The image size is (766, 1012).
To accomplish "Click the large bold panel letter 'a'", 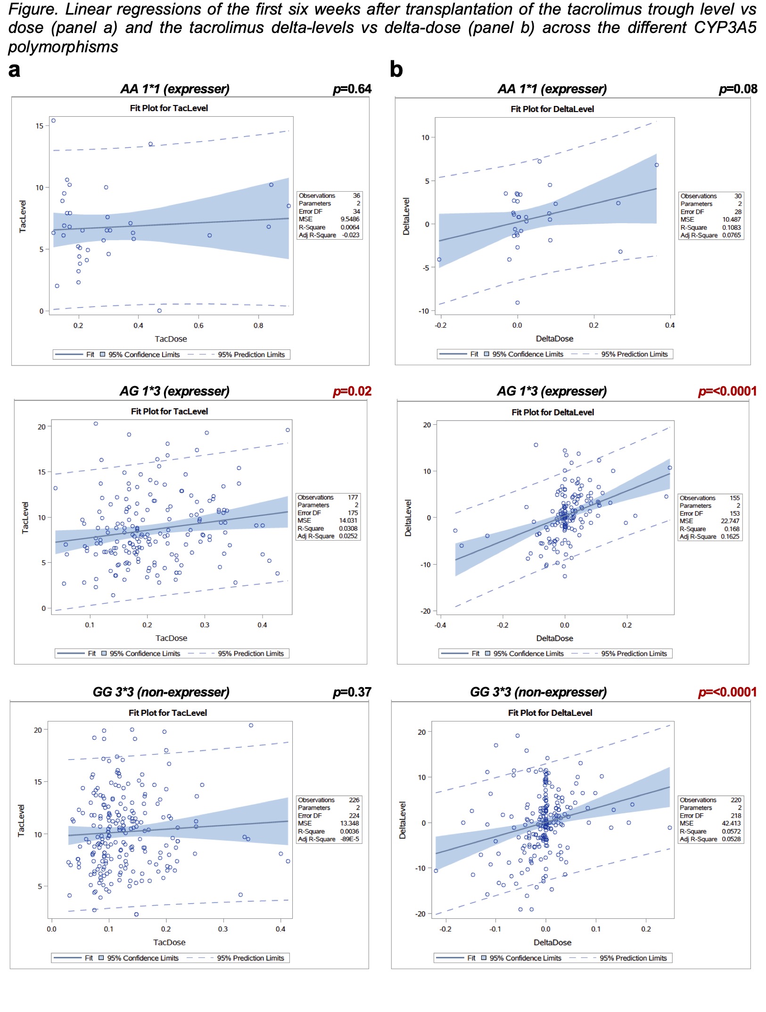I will point(15,71).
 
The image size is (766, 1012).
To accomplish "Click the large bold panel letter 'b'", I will point(396,70).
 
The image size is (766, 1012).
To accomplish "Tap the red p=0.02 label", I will point(352,391).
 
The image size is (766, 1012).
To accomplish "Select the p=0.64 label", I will point(352,89).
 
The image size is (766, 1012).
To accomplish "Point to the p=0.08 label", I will point(738,89).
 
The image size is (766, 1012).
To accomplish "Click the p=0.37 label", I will point(352,692).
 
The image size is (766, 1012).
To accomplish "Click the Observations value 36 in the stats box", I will point(356,195).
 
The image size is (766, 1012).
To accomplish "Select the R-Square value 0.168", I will point(732,529).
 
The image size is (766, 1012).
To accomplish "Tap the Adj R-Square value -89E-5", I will point(350,839).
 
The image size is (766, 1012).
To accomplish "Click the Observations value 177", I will point(353,497).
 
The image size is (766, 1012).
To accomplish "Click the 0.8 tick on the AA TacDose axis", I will point(258,325).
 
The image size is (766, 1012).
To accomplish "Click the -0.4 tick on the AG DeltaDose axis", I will point(440,625).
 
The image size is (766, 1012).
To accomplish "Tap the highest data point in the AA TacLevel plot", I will point(53,121).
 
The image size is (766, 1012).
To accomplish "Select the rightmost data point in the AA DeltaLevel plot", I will point(657,165).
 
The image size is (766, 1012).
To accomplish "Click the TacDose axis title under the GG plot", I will point(169,942).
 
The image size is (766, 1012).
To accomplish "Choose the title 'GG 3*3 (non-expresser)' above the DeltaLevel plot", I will point(538,692).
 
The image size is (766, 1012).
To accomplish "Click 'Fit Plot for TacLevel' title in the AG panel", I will point(169,412).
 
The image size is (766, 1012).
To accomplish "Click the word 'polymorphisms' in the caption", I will point(63,47).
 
